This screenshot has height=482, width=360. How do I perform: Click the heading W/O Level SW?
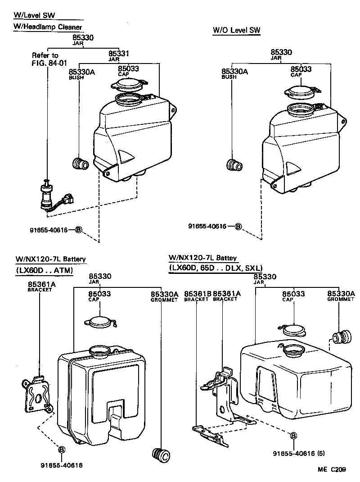coord(237,30)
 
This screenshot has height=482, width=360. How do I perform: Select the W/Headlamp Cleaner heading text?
coord(47,27)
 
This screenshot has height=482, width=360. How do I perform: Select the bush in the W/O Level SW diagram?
coord(234,165)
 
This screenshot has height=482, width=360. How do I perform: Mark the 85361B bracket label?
coord(197,296)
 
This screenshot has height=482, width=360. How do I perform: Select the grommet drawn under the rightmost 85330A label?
coord(341,337)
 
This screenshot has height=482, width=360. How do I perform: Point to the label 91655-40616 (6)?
coord(299,454)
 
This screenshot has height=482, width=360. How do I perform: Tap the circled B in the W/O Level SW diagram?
coord(238,226)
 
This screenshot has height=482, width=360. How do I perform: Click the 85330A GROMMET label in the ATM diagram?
coord(164,296)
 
